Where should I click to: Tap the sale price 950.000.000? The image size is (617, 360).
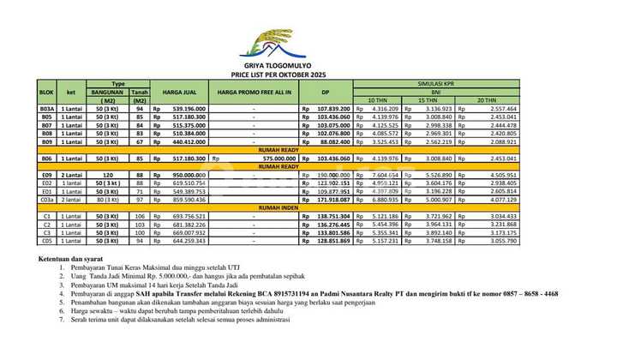183,174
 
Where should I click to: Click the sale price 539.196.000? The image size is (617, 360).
183,110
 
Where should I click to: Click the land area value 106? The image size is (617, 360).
140,216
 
